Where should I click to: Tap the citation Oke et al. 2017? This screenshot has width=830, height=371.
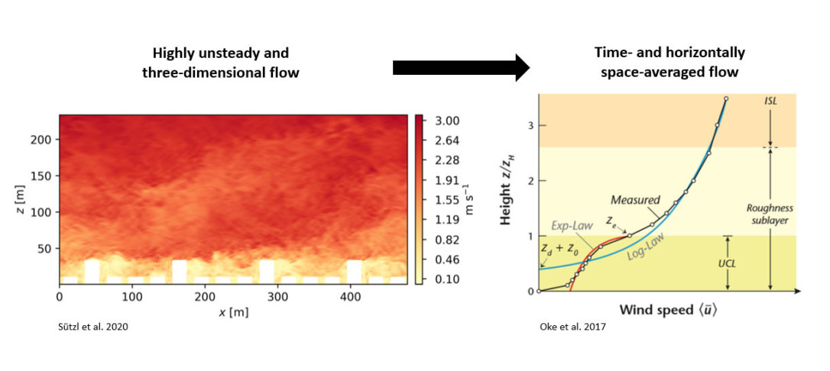click(x=567, y=327)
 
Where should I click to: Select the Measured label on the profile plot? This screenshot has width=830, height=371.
click(x=635, y=200)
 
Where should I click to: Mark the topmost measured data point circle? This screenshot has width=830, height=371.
click(x=725, y=98)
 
